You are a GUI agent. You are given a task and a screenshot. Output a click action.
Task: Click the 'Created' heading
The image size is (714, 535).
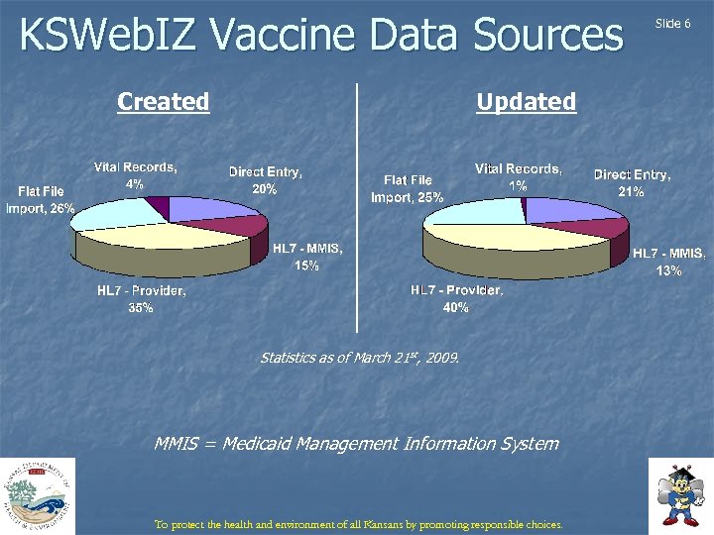(163, 102)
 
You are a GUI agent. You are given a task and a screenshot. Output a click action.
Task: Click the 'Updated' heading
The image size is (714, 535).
(526, 102)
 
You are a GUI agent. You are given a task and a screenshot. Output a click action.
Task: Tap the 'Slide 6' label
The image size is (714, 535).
(674, 23)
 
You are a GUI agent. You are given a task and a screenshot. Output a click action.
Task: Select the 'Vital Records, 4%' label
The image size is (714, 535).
(136, 175)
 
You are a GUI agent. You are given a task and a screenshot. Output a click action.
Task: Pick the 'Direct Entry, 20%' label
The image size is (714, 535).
(265, 179)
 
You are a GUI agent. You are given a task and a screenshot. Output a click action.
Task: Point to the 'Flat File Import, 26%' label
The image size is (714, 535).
(46, 200)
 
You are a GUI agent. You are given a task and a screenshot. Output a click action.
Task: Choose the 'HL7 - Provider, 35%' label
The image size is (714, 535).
(141, 299)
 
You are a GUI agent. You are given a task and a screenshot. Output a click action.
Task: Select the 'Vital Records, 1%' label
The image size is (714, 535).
(518, 176)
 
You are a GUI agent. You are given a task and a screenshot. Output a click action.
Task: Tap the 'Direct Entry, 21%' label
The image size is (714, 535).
(632, 182)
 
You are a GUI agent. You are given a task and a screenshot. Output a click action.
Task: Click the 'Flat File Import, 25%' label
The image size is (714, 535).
(408, 188)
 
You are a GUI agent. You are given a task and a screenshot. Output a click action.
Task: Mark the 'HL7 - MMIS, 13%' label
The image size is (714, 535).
(668, 262)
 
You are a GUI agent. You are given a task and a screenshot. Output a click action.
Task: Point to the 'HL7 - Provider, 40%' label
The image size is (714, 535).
(457, 299)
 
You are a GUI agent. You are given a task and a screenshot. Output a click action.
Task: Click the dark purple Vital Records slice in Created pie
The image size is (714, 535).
(158, 205)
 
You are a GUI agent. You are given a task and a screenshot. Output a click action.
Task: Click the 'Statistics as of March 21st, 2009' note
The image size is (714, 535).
(359, 357)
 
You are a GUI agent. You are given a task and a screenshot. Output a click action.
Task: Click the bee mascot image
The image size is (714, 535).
(680, 495)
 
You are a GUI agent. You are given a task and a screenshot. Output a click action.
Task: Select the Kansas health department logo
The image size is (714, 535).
(38, 496)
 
